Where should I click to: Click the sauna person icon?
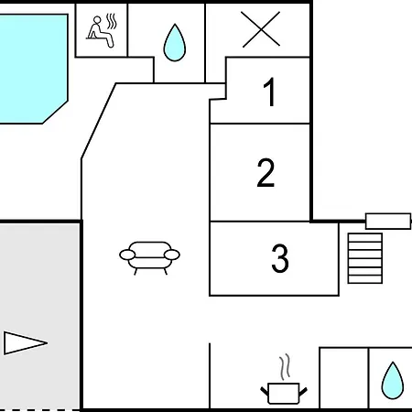101,31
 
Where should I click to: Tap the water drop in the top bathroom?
175,42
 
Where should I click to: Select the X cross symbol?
261,29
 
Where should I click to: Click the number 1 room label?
270,92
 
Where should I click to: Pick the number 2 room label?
266,172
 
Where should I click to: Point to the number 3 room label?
280,258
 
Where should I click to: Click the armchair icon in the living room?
149,258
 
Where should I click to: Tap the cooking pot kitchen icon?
284,393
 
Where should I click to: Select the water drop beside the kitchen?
393,381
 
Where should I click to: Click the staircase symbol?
365,258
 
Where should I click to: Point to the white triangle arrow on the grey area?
26,343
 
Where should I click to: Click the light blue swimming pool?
33,69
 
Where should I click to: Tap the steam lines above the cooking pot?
285,366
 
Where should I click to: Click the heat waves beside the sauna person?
112,21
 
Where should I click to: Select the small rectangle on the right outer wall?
388,221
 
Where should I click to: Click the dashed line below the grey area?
39,410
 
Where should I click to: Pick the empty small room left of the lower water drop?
343,378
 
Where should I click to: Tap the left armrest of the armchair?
127,255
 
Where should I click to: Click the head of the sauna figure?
97,20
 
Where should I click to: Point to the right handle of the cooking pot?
303,392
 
